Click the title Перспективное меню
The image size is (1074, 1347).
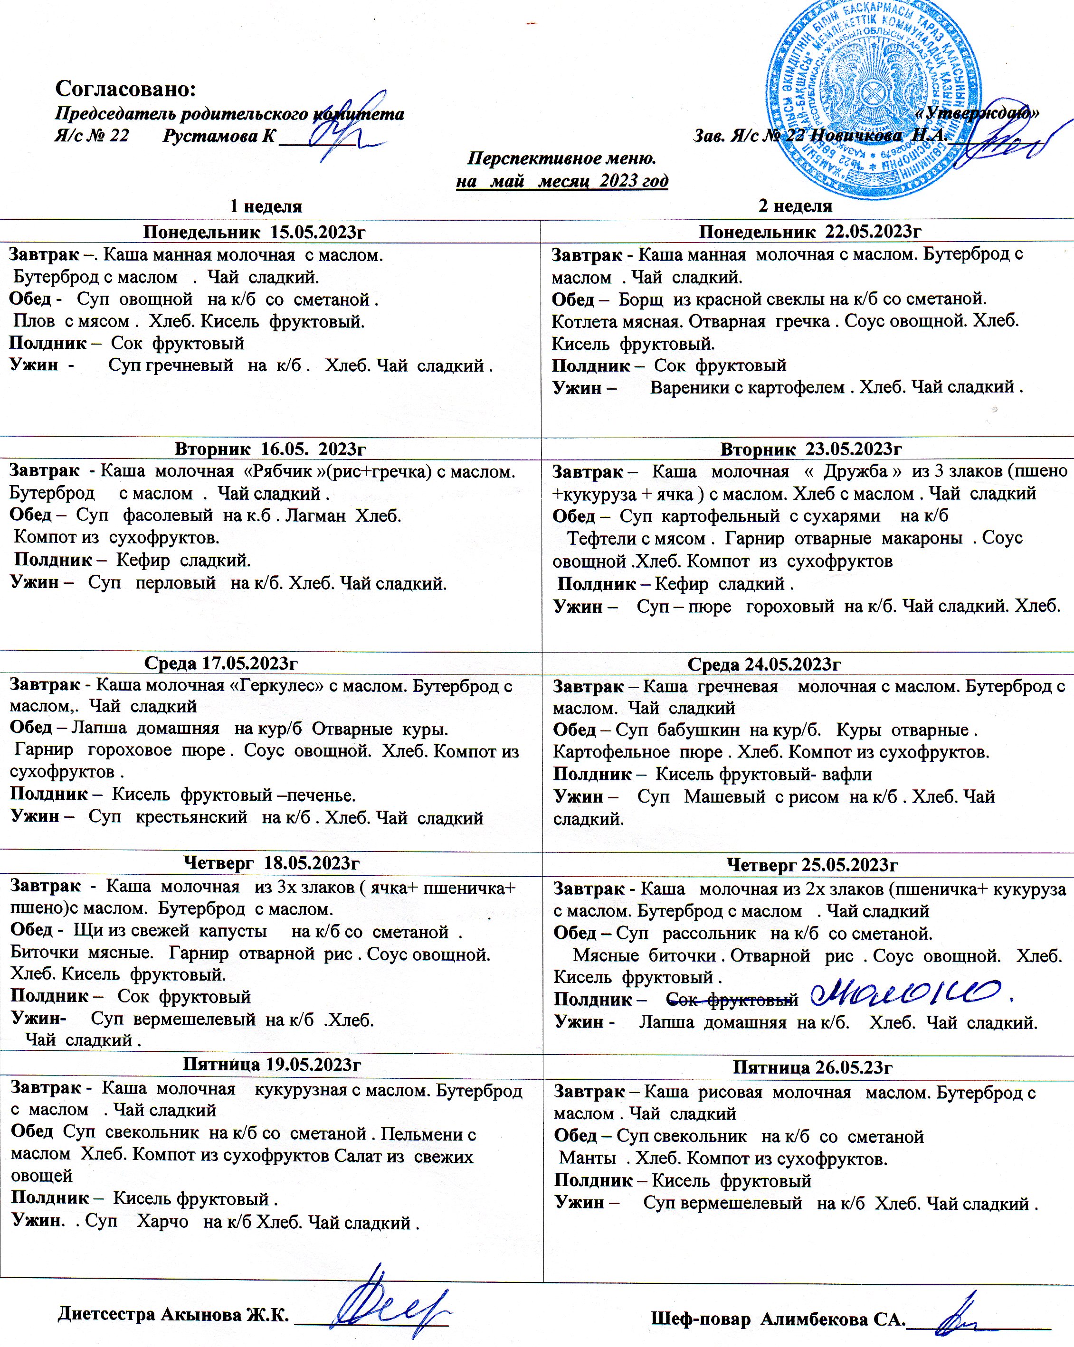(561, 158)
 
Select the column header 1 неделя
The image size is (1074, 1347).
(266, 206)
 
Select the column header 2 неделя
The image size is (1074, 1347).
(795, 206)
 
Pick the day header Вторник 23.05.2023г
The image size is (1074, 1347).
(811, 449)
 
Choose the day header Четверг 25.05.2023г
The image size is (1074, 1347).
(812, 865)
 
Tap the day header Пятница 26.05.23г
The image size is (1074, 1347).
(812, 1067)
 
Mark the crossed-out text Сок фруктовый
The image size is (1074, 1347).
(732, 1000)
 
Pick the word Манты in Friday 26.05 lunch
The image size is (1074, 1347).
(587, 1158)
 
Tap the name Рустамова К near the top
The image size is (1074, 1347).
(218, 136)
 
